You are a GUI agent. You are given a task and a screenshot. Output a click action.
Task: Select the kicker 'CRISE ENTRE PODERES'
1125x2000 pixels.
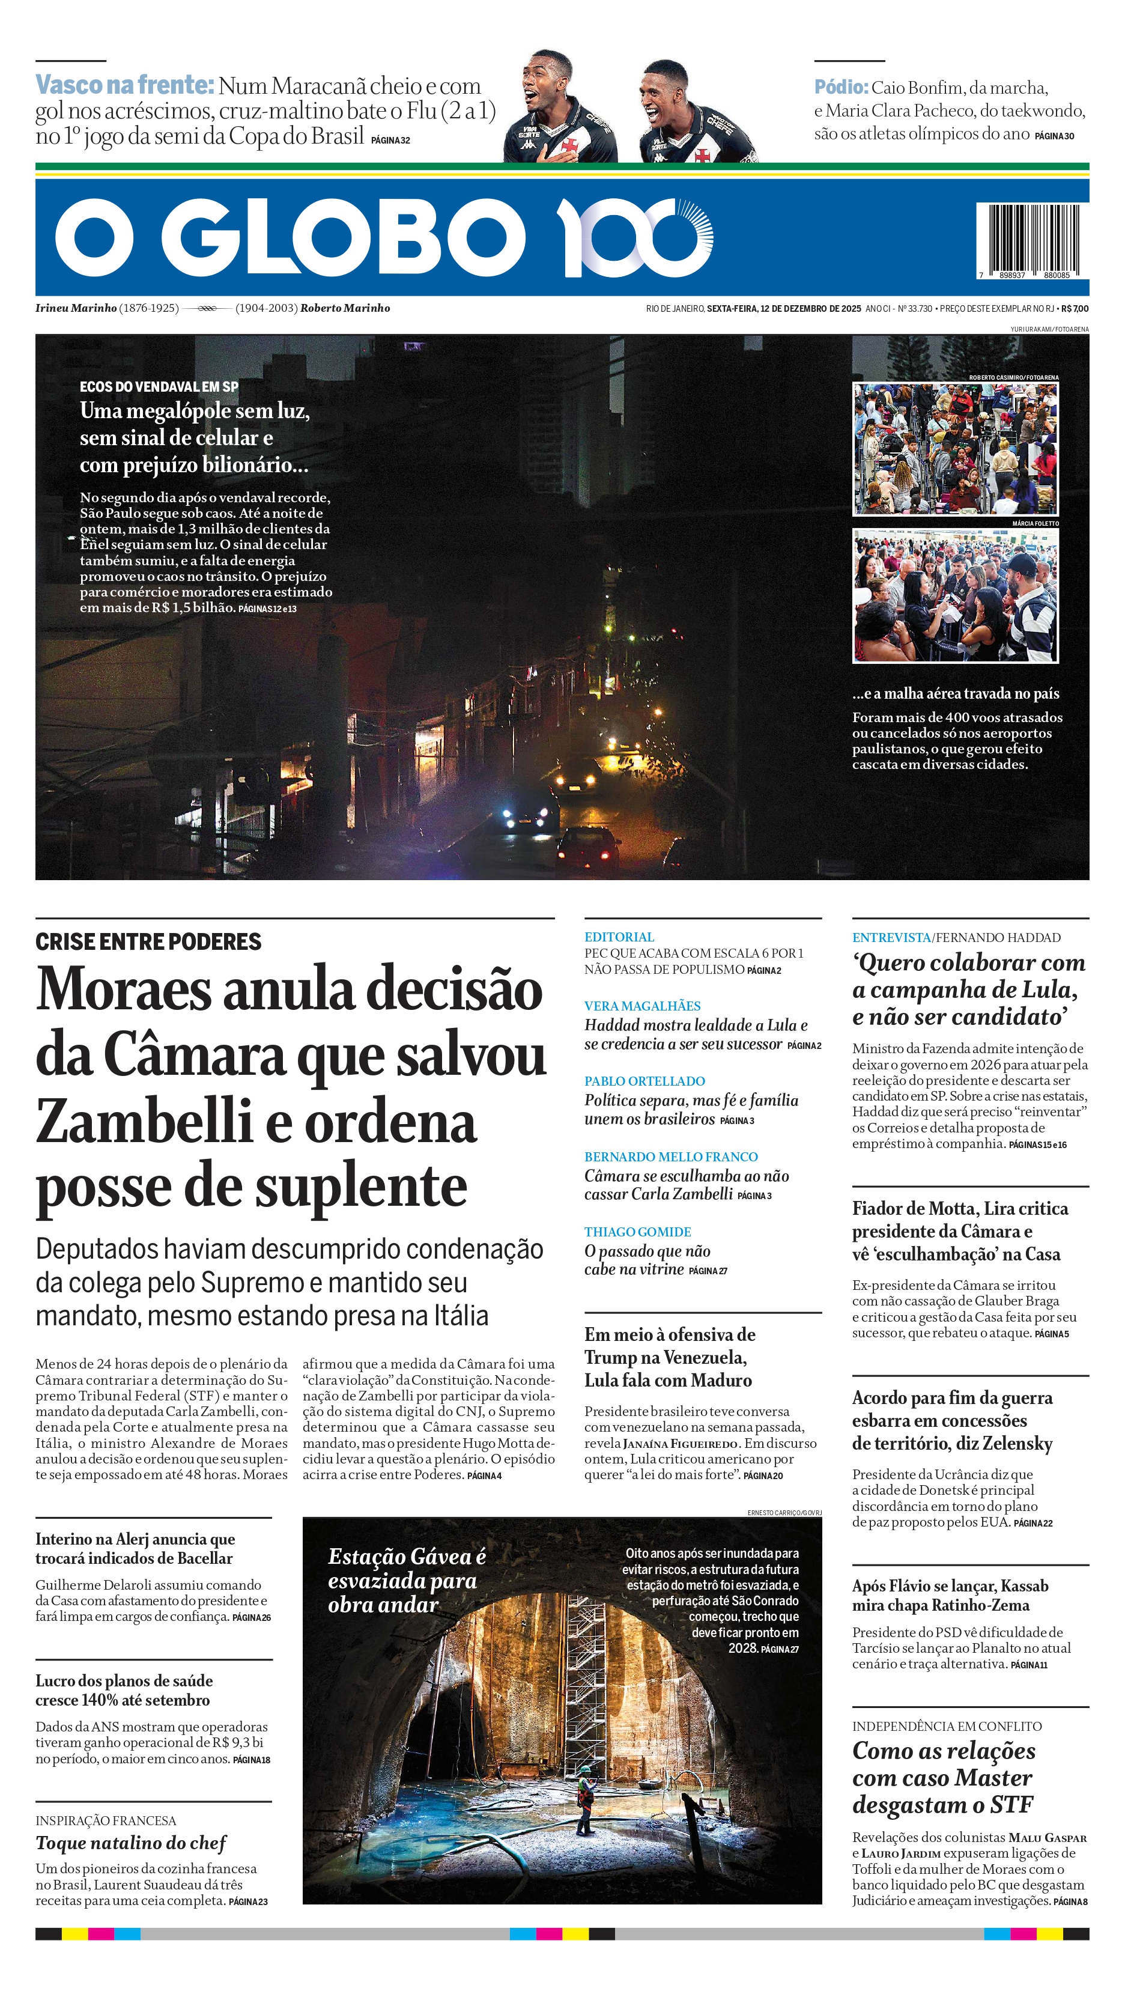[148, 942]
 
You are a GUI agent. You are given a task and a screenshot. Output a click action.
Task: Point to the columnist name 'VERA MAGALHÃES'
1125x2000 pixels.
[642, 1006]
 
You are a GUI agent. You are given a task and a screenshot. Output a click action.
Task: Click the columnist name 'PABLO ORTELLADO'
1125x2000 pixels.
[644, 1081]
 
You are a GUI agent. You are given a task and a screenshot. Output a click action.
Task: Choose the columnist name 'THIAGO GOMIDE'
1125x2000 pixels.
[637, 1232]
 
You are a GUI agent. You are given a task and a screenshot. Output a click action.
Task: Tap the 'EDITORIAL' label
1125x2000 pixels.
[619, 937]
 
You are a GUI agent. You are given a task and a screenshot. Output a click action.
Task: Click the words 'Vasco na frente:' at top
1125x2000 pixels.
[124, 85]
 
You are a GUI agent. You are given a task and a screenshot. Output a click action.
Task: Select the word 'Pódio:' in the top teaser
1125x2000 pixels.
[840, 88]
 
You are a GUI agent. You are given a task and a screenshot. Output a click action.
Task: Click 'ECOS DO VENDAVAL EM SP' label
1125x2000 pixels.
[159, 387]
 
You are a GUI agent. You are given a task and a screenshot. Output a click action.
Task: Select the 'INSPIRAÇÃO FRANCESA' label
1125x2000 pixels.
[106, 1820]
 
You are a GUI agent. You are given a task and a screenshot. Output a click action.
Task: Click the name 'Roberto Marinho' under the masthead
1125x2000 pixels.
[345, 308]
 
